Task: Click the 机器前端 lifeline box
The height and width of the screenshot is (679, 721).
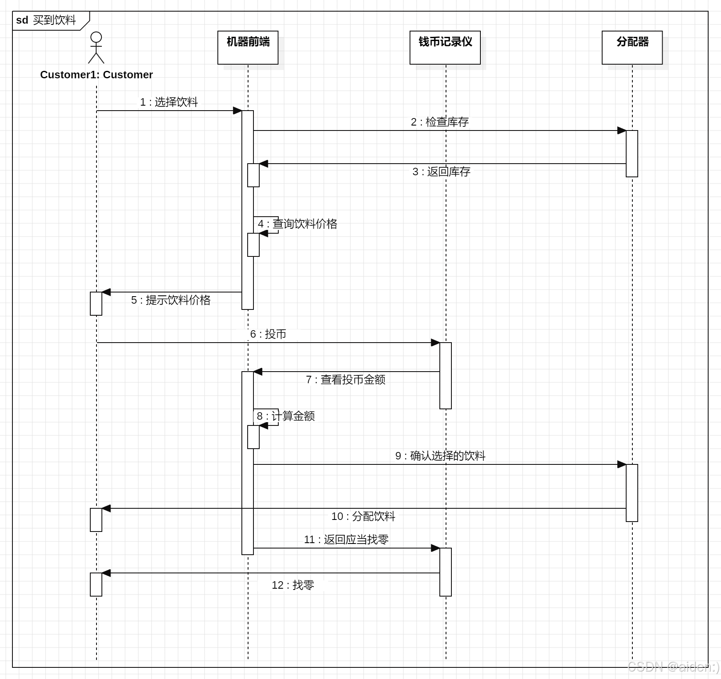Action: pos(248,47)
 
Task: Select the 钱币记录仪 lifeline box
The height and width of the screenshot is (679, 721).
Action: pos(445,47)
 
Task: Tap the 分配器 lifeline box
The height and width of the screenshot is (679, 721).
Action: pos(632,47)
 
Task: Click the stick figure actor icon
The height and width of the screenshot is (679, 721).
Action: pos(96,47)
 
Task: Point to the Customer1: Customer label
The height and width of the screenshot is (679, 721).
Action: pos(96,75)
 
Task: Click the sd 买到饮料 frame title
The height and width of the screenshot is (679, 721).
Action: pos(46,20)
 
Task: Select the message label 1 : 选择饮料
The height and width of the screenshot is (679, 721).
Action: pos(169,102)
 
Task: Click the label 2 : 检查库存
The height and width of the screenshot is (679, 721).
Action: pos(439,122)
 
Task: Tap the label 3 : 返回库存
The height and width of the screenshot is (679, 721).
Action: pos(441,172)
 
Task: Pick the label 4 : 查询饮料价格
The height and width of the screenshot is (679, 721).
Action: pos(297,224)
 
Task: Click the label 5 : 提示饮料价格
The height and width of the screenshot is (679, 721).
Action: pos(171,300)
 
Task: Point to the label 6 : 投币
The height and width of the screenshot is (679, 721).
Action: pos(268,334)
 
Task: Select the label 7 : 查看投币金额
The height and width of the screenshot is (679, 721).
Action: pos(345,379)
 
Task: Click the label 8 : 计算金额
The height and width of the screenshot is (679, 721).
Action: pos(286,416)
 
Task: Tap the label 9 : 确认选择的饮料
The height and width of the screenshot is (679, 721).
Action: pos(440,456)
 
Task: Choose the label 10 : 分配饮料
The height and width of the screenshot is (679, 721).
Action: pos(363,516)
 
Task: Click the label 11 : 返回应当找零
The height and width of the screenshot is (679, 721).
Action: pos(346,539)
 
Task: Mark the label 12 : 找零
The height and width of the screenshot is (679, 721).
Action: pos(293,585)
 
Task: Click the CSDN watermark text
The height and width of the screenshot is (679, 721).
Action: pos(673,667)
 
